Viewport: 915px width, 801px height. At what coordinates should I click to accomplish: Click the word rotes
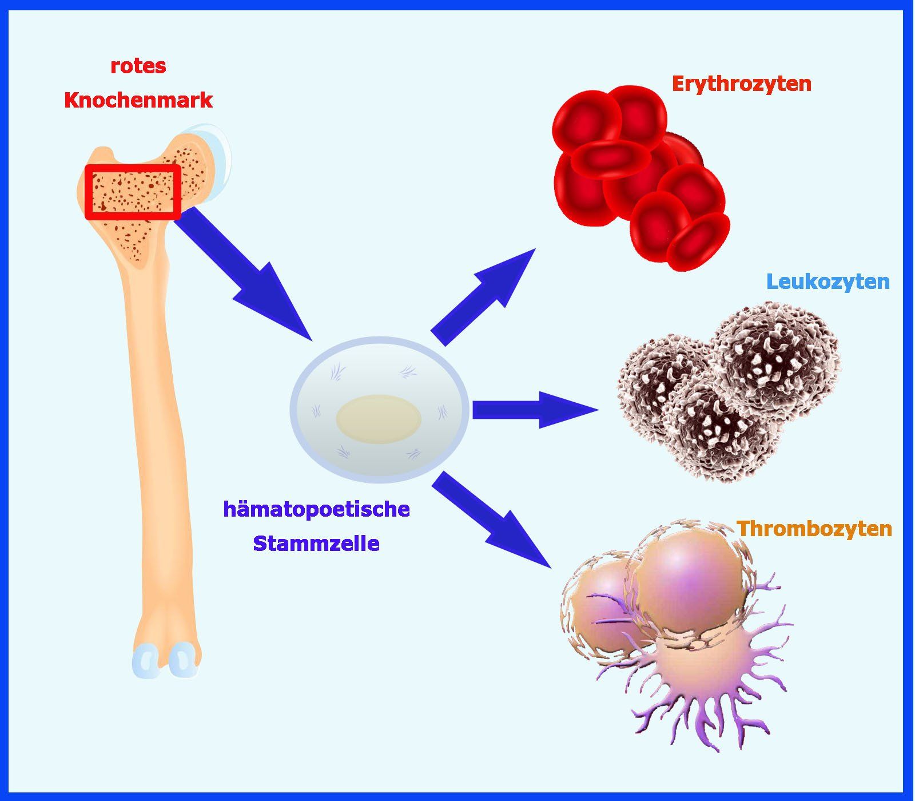(138, 66)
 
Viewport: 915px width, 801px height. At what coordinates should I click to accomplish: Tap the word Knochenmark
(138, 100)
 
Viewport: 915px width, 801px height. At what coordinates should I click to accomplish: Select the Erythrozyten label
(741, 84)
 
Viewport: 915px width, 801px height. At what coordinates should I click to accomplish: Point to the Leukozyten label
(827, 281)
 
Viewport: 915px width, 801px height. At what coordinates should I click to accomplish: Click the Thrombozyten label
(814, 528)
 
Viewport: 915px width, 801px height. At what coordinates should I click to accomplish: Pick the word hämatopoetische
(316, 509)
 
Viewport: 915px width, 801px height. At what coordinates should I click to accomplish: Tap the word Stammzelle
(316, 543)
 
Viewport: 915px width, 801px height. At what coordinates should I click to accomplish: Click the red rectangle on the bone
(133, 192)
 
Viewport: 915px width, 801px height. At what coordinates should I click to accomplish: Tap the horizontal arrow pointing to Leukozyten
(532, 410)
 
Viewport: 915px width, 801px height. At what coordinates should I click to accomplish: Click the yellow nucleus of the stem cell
(379, 418)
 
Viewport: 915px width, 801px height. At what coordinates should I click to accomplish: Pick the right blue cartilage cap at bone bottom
(182, 658)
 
